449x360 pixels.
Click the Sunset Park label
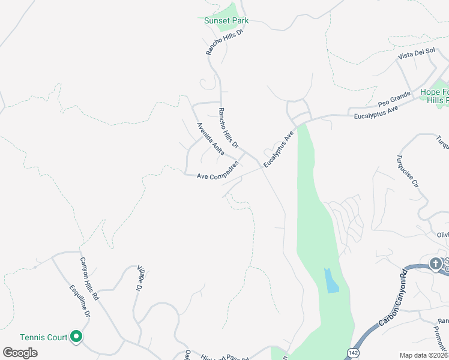coord(226,20)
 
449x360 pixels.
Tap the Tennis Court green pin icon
coord(76,337)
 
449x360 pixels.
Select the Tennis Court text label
coord(43,337)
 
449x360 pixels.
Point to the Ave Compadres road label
coord(218,172)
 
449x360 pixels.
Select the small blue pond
coord(331,281)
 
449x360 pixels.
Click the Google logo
coord(20,352)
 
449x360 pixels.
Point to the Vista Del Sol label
coord(417,53)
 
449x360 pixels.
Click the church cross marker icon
coord(436,263)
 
